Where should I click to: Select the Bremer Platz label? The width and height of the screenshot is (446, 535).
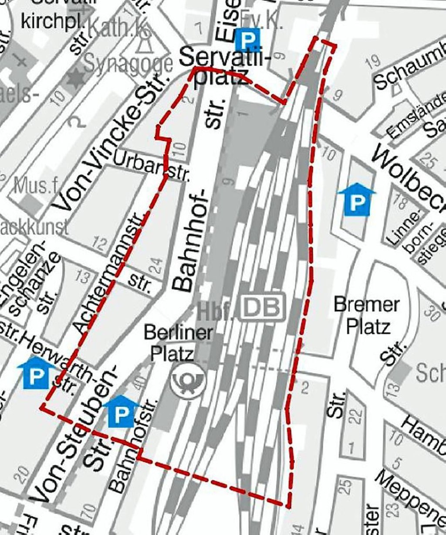367,316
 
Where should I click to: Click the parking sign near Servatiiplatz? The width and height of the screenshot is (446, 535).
248,40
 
